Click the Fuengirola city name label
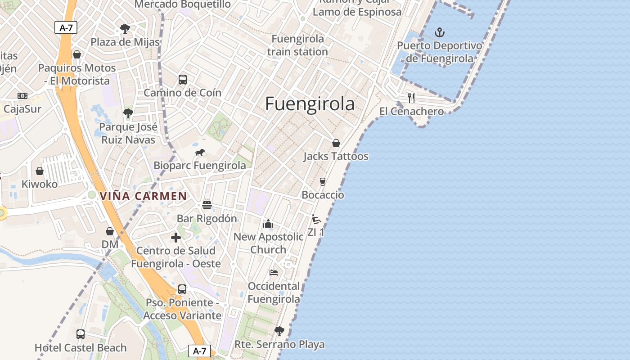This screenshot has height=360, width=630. coord(310,104)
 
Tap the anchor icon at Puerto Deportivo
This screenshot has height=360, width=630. coord(439,32)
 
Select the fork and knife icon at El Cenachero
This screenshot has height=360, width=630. coord(411,98)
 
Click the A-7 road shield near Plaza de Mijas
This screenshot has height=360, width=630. coord(66,27)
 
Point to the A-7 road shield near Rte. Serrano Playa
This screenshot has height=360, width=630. coord(199,351)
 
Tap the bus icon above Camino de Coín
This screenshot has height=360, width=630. coord(182,80)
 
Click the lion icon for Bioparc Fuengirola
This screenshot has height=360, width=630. coord(200,153)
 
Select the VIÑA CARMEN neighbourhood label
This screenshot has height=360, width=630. coord(143,196)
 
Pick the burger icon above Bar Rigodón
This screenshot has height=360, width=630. coord(207,205)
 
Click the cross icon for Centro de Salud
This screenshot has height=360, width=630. coord(176,238)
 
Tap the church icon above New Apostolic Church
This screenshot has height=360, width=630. coord(268,223)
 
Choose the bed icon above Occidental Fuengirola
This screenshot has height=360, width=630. coord(273,273)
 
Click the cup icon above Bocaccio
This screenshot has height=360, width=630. coord(322,181)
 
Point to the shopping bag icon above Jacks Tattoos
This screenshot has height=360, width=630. coord(336,143)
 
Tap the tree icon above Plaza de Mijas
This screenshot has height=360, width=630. coord(125,29)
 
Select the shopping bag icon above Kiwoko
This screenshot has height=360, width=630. coord(40,171)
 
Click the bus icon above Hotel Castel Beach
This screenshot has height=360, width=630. coord(81,334)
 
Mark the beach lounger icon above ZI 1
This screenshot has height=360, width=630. coord(316,219)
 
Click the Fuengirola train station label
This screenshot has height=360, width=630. coord(297,45)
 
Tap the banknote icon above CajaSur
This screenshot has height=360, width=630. coord(22,96)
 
